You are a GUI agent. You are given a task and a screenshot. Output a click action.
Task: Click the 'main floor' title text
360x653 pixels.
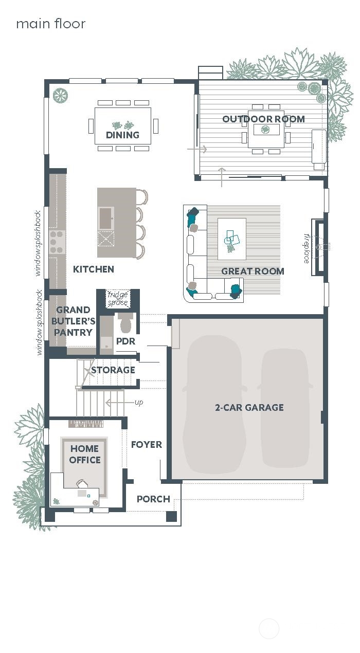(x=50, y=24)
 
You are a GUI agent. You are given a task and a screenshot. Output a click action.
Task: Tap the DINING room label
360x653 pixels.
(x=122, y=135)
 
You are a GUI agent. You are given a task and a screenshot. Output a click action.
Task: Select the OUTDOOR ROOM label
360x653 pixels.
(x=263, y=119)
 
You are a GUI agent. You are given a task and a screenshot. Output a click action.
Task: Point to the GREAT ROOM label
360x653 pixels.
(x=253, y=271)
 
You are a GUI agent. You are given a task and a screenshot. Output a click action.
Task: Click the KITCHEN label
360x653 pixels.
(x=94, y=269)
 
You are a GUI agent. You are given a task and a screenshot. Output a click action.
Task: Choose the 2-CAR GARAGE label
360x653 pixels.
(x=249, y=407)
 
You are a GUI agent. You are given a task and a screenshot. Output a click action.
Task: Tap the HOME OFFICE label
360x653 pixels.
(x=85, y=455)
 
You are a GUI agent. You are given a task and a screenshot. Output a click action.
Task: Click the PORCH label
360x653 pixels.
(x=153, y=499)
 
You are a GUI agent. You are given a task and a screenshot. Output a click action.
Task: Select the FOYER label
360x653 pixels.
(x=146, y=444)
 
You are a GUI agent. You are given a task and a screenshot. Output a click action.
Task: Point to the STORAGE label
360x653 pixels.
(x=113, y=370)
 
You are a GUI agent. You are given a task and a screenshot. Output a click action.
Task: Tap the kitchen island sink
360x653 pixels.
(x=106, y=217)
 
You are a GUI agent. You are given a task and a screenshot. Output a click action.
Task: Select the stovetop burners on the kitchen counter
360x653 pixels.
(x=57, y=242)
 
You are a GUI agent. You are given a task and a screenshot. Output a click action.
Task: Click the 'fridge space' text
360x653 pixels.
(x=118, y=299)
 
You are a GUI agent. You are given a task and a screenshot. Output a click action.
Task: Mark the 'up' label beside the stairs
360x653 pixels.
(x=139, y=402)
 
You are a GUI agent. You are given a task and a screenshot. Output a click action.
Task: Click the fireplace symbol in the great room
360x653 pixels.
(x=319, y=247)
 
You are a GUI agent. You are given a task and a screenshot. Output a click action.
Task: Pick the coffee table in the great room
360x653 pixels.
(x=231, y=239)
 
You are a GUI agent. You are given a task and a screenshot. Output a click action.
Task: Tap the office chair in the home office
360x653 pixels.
(x=81, y=484)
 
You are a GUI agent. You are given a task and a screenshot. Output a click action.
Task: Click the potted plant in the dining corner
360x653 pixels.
(x=60, y=96)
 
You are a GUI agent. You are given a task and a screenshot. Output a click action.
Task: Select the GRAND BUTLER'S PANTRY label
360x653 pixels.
(x=74, y=321)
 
